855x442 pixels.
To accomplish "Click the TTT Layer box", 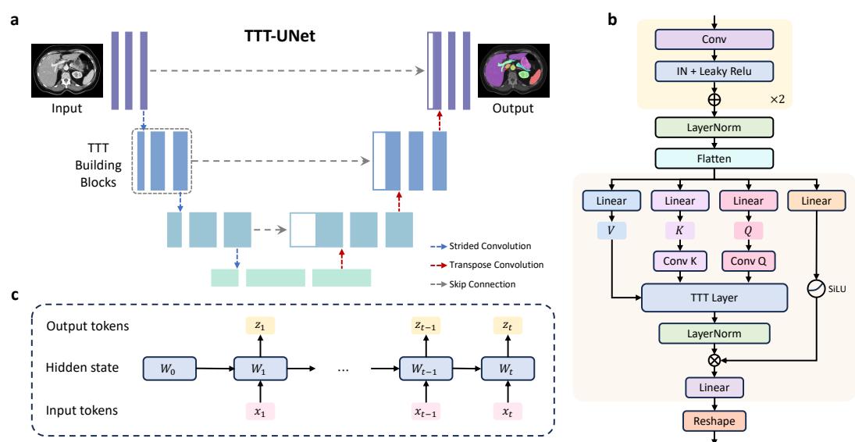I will [714, 298].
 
